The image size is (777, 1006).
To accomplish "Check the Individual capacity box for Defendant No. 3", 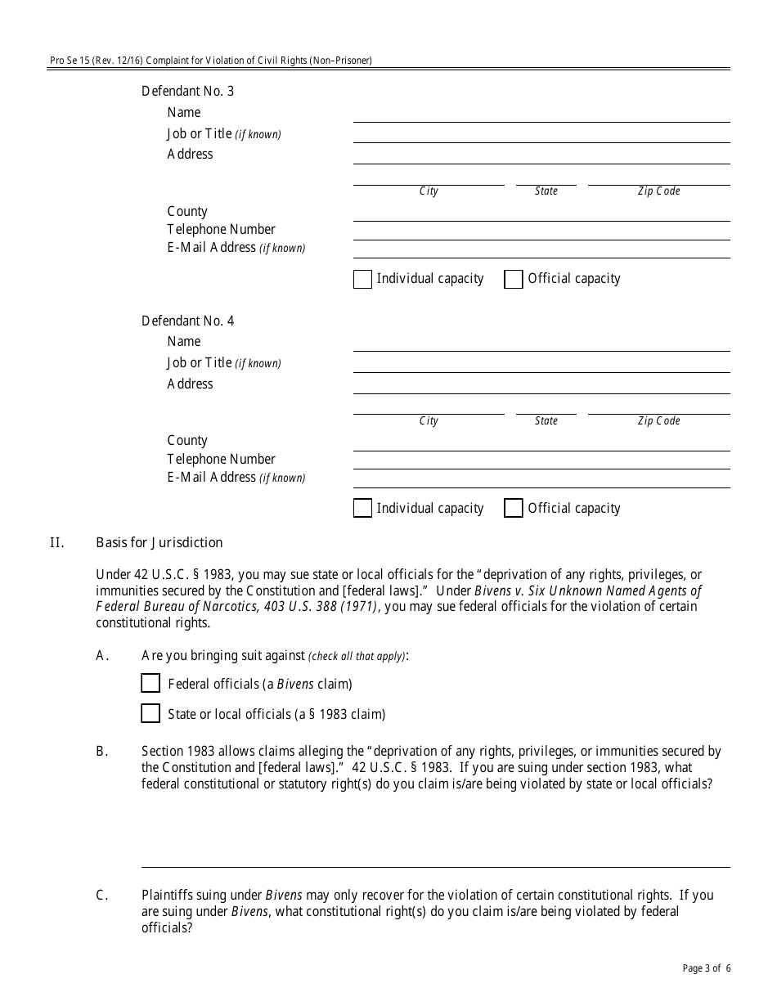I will coord(362,279).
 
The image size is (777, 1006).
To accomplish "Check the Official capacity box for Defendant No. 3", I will coord(514,279).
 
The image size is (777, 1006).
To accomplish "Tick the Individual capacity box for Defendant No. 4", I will coord(362,508).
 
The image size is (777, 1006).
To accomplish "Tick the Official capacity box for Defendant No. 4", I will coord(514,508).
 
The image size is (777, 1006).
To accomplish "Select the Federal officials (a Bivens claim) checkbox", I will coord(150,683).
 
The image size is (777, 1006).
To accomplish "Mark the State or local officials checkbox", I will coord(150,713).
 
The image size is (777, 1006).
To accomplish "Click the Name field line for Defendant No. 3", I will coord(541,114).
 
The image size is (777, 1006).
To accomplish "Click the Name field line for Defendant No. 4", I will coord(541,343).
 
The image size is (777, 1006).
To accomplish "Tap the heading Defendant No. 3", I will coord(187,91).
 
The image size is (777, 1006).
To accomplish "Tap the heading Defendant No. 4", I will coord(187,321).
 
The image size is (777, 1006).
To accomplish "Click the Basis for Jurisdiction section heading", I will coord(159,542).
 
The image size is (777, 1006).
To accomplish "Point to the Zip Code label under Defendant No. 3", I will coord(658,191).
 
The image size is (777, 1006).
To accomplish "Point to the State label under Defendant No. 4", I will coord(546,421).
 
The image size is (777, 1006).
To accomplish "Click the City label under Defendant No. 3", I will coord(429,191).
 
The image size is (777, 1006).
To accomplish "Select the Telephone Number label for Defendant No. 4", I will coord(221,459).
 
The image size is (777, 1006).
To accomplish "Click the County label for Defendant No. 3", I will coord(187,211).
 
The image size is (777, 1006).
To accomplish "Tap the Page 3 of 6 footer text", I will coord(706,969).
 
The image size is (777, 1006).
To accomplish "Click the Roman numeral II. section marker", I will coord(56,542).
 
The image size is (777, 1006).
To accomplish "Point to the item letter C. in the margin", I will coord(102,895).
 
